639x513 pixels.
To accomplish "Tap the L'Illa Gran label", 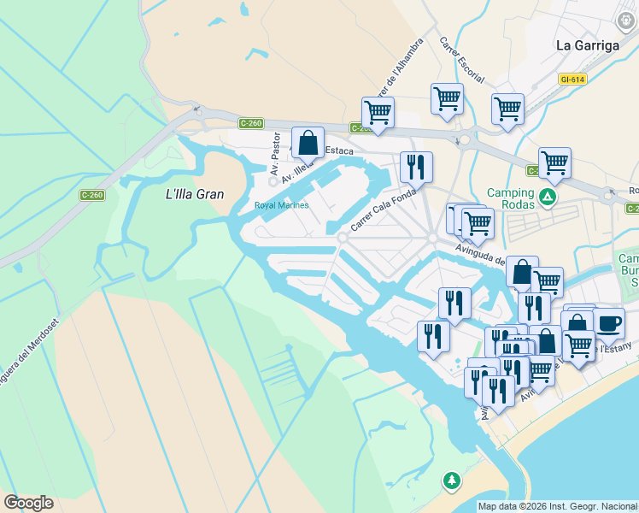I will (194, 194).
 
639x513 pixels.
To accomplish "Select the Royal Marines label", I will (281, 205).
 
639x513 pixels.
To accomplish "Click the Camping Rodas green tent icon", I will (548, 199).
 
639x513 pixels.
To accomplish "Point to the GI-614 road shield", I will (572, 79).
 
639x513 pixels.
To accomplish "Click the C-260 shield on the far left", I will (92, 195).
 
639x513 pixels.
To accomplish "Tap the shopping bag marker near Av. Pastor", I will (308, 143).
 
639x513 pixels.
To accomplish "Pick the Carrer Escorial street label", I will (461, 59).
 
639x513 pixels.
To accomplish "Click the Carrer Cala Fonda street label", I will (383, 210).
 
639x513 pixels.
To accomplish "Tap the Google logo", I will (28, 503).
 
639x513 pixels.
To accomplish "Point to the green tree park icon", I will (451, 481).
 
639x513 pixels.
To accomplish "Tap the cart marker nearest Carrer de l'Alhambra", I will (378, 111).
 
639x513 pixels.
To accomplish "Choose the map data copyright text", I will (557, 506).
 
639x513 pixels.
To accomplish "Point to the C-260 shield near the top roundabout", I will (250, 123).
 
